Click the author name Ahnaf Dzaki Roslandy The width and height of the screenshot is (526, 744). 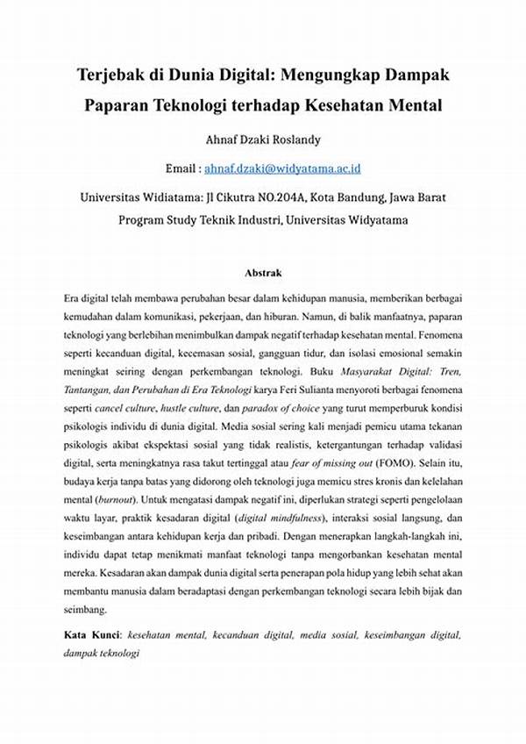point(263,138)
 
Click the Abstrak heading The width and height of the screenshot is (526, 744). point(263,274)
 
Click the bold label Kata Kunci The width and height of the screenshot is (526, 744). point(92,633)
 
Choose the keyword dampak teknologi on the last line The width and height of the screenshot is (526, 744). point(102,654)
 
